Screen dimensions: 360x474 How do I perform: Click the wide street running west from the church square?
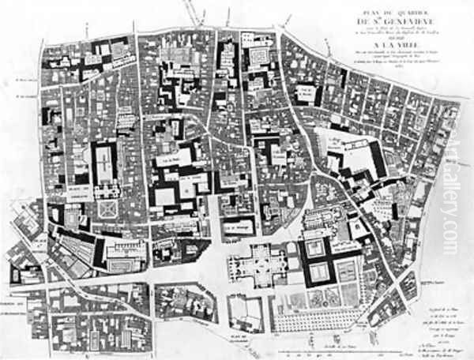(118, 277)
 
